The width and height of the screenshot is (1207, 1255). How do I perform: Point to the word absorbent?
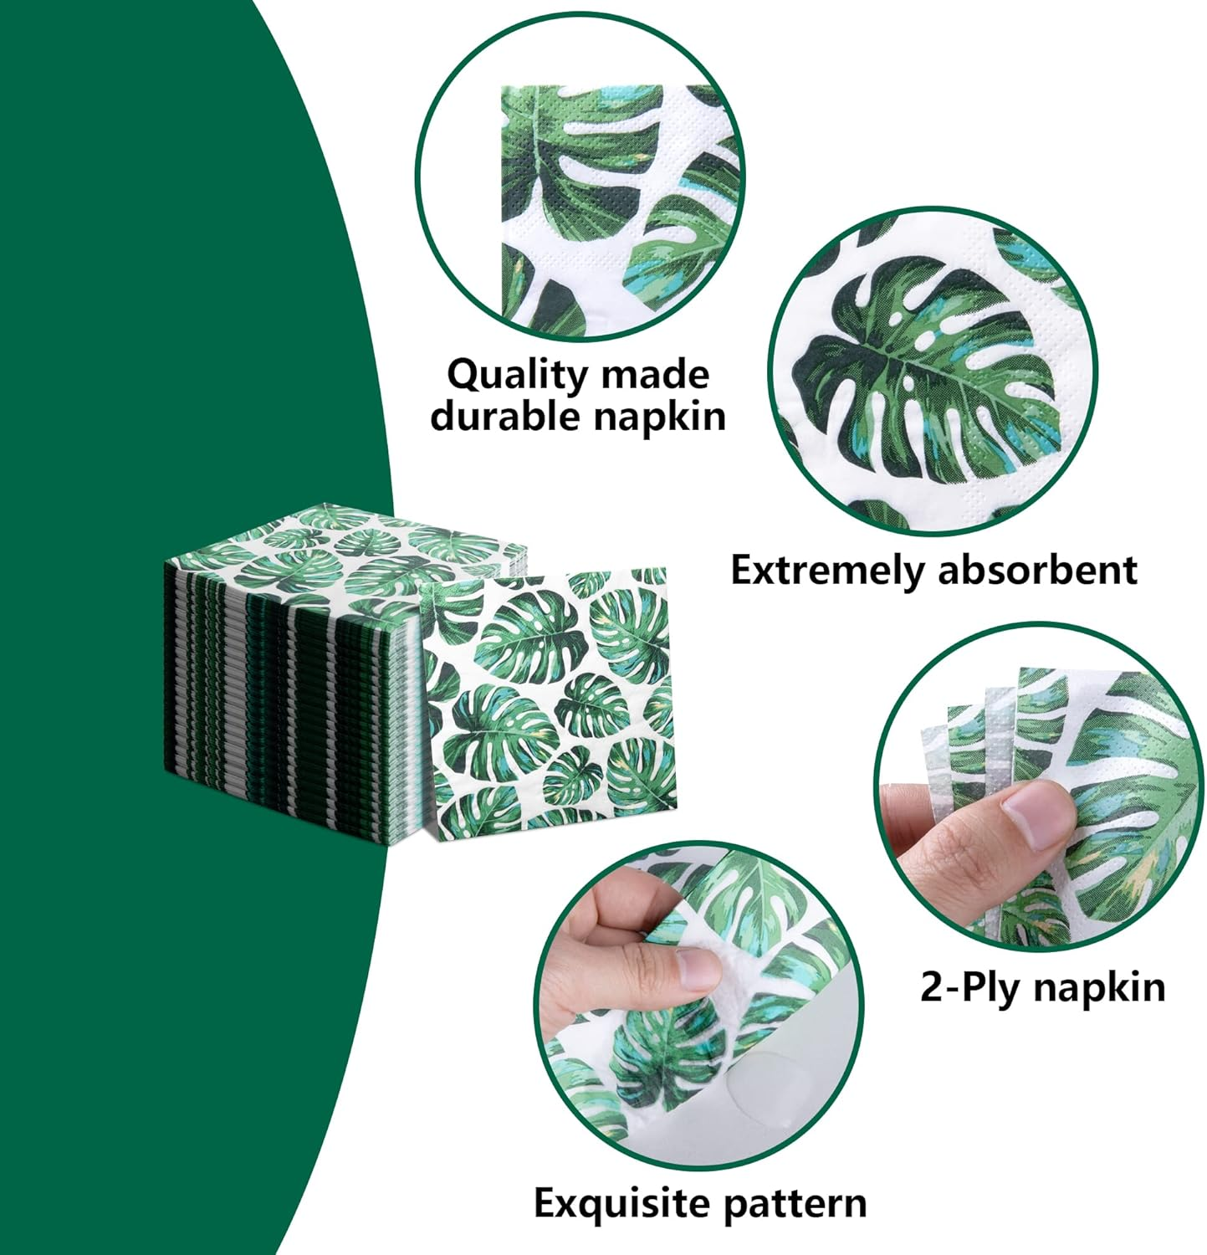pyautogui.click(x=1037, y=571)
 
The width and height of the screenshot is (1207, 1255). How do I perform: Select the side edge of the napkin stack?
pyautogui.click(x=284, y=711)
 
